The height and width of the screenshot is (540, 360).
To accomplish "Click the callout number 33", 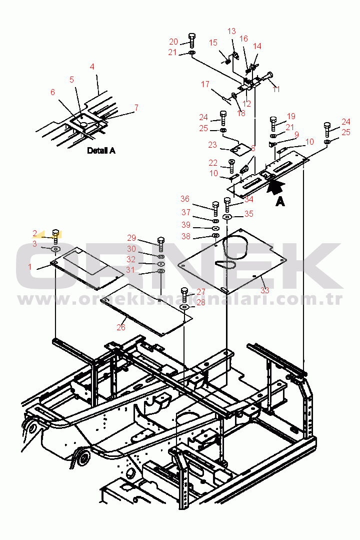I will pyautogui.click(x=264, y=290).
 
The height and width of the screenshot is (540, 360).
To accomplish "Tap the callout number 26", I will pyautogui.click(x=121, y=327).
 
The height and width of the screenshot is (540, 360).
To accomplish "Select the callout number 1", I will pyautogui.click(x=30, y=267).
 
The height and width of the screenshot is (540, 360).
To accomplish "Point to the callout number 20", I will pyautogui.click(x=173, y=42).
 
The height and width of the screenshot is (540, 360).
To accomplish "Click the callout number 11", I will pyautogui.click(x=275, y=89).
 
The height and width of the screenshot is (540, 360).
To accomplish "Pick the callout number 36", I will pyautogui.click(x=185, y=199).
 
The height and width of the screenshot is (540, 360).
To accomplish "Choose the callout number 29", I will pyautogui.click(x=131, y=238).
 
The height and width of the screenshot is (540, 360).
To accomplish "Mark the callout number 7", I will pyautogui.click(x=136, y=108).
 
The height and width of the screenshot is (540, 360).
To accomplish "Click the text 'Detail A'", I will pyautogui.click(x=101, y=150).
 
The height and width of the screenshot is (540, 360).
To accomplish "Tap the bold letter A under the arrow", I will pyautogui.click(x=280, y=202).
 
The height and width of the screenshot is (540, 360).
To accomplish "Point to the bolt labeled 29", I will pyautogui.click(x=161, y=244).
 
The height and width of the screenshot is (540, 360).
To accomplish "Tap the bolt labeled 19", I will pyautogui.click(x=273, y=123).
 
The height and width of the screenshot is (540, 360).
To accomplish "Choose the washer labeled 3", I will pyautogui.click(x=55, y=249).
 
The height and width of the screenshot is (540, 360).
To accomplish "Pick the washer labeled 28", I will pyautogui.click(x=184, y=306).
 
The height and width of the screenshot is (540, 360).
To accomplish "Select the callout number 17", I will pyautogui.click(x=205, y=85).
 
